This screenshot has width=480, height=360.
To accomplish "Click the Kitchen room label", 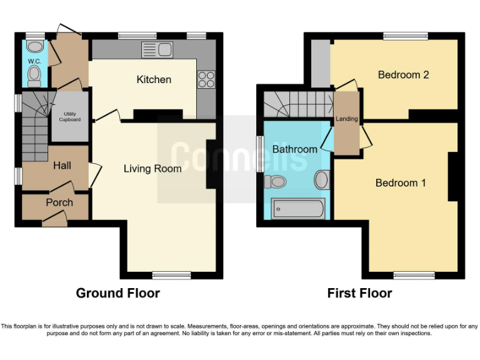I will point(154,80).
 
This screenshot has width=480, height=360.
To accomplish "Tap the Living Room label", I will point(152,169).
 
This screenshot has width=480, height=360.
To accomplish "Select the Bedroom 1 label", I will point(400,183).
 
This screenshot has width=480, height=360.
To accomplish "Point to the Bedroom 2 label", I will point(403,75).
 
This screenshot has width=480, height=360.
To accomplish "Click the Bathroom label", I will point(294,149).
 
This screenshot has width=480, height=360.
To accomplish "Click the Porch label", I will point(59,202).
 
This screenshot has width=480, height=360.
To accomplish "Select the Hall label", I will point(62,166).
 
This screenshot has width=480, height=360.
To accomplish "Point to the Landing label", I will point(347,119).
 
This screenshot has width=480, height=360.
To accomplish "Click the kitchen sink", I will point(157,49).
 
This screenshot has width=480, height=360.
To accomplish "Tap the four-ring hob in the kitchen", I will point(206,79).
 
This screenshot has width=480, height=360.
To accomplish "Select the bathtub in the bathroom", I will point(298,208).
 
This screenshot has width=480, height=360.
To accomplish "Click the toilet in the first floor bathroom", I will point(276,182).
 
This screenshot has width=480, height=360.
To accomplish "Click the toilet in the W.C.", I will point(34,76).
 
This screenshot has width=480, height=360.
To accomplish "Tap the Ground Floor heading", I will point(117,293).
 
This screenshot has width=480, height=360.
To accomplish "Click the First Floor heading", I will point(359,293).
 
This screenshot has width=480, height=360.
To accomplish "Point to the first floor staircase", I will point(297,104).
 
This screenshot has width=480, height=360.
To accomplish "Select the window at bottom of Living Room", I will point(171,274).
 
